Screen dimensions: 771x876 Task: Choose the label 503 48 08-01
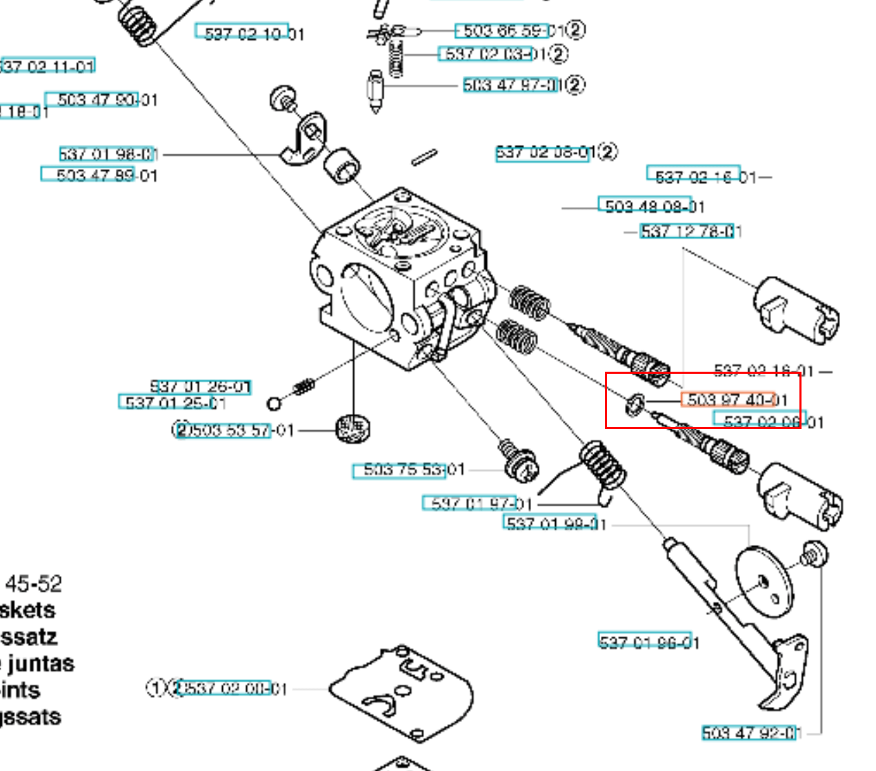[654, 206]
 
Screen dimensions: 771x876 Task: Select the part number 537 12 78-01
[690, 232]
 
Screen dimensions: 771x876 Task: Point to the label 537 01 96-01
[648, 643]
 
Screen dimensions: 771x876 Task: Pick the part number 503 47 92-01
[750, 733]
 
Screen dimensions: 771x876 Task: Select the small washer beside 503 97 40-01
[635, 405]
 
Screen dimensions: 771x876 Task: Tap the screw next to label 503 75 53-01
[519, 461]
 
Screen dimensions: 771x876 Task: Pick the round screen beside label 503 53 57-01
[352, 428]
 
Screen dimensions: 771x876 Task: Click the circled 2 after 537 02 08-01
[607, 152]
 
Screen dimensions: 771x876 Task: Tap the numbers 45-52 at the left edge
[33, 584]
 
